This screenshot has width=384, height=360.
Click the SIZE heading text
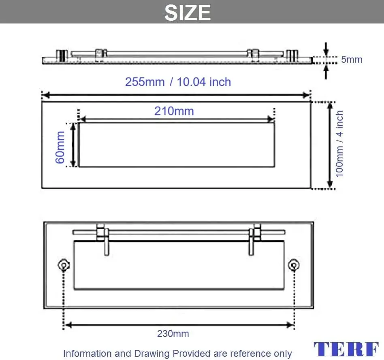coord(188,12)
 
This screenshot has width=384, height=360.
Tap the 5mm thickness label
coord(351,60)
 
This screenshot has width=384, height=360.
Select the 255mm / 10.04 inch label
coord(178,82)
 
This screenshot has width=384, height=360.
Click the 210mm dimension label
coord(174,111)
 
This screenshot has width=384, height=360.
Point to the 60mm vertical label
coord(60,147)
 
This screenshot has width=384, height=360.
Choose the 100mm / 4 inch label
coord(340,144)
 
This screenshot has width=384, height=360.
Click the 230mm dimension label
coord(173,334)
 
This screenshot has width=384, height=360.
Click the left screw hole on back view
coord(64,265)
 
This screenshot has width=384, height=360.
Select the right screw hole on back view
coord(294,265)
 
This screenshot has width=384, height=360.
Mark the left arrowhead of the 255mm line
coord(46,95)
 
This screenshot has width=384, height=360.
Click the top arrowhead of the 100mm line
coord(330,105)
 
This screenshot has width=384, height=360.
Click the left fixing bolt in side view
coord(61,56)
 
